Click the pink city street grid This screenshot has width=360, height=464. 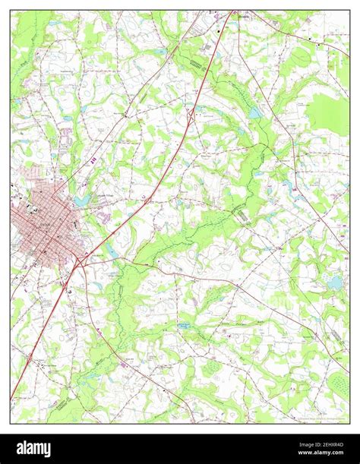(42, 220)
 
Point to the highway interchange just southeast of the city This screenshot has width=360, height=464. (79, 260)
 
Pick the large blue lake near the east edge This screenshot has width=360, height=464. (335, 283)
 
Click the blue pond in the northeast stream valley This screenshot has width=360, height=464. (256, 112)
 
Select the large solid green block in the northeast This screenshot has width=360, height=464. (328, 114)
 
